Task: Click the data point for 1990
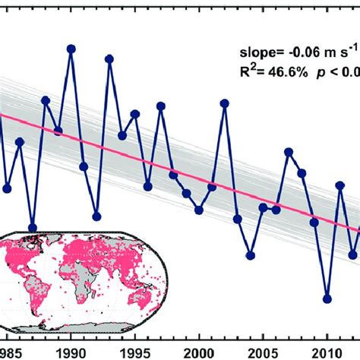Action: pyautogui.click(x=71, y=49)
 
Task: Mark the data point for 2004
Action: pyautogui.click(x=251, y=255)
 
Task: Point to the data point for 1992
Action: pyautogui.click(x=96, y=216)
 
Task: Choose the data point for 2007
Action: pyautogui.click(x=289, y=153)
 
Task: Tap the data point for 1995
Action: pyautogui.click(x=135, y=114)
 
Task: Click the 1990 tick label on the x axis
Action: pyautogui.click(x=71, y=331)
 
